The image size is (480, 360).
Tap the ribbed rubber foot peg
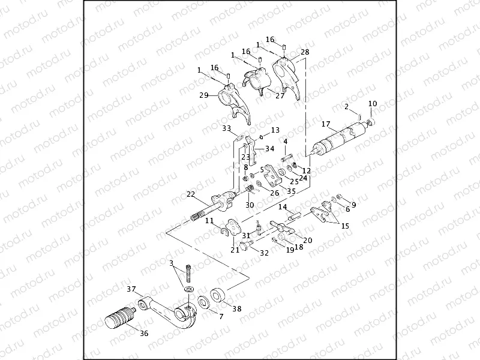pyautogui.click(x=120, y=317)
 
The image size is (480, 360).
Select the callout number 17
pyautogui.click(x=326, y=125)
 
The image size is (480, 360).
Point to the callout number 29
pyautogui.click(x=203, y=95)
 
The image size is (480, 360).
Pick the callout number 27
pyautogui.click(x=280, y=95)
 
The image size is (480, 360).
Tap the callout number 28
pyautogui.click(x=305, y=53)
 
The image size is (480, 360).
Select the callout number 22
pyautogui.click(x=191, y=194)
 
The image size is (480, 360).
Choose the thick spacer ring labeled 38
pyautogui.click(x=218, y=296)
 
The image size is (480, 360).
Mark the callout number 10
pyautogui.click(x=372, y=104)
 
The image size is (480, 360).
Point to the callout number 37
pyautogui.click(x=131, y=289)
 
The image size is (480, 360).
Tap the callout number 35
pyautogui.click(x=292, y=191)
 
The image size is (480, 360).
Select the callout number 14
pyautogui.click(x=282, y=207)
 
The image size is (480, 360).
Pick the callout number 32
pyautogui.click(x=265, y=253)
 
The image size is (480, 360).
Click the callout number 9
pyautogui.click(x=353, y=205)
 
